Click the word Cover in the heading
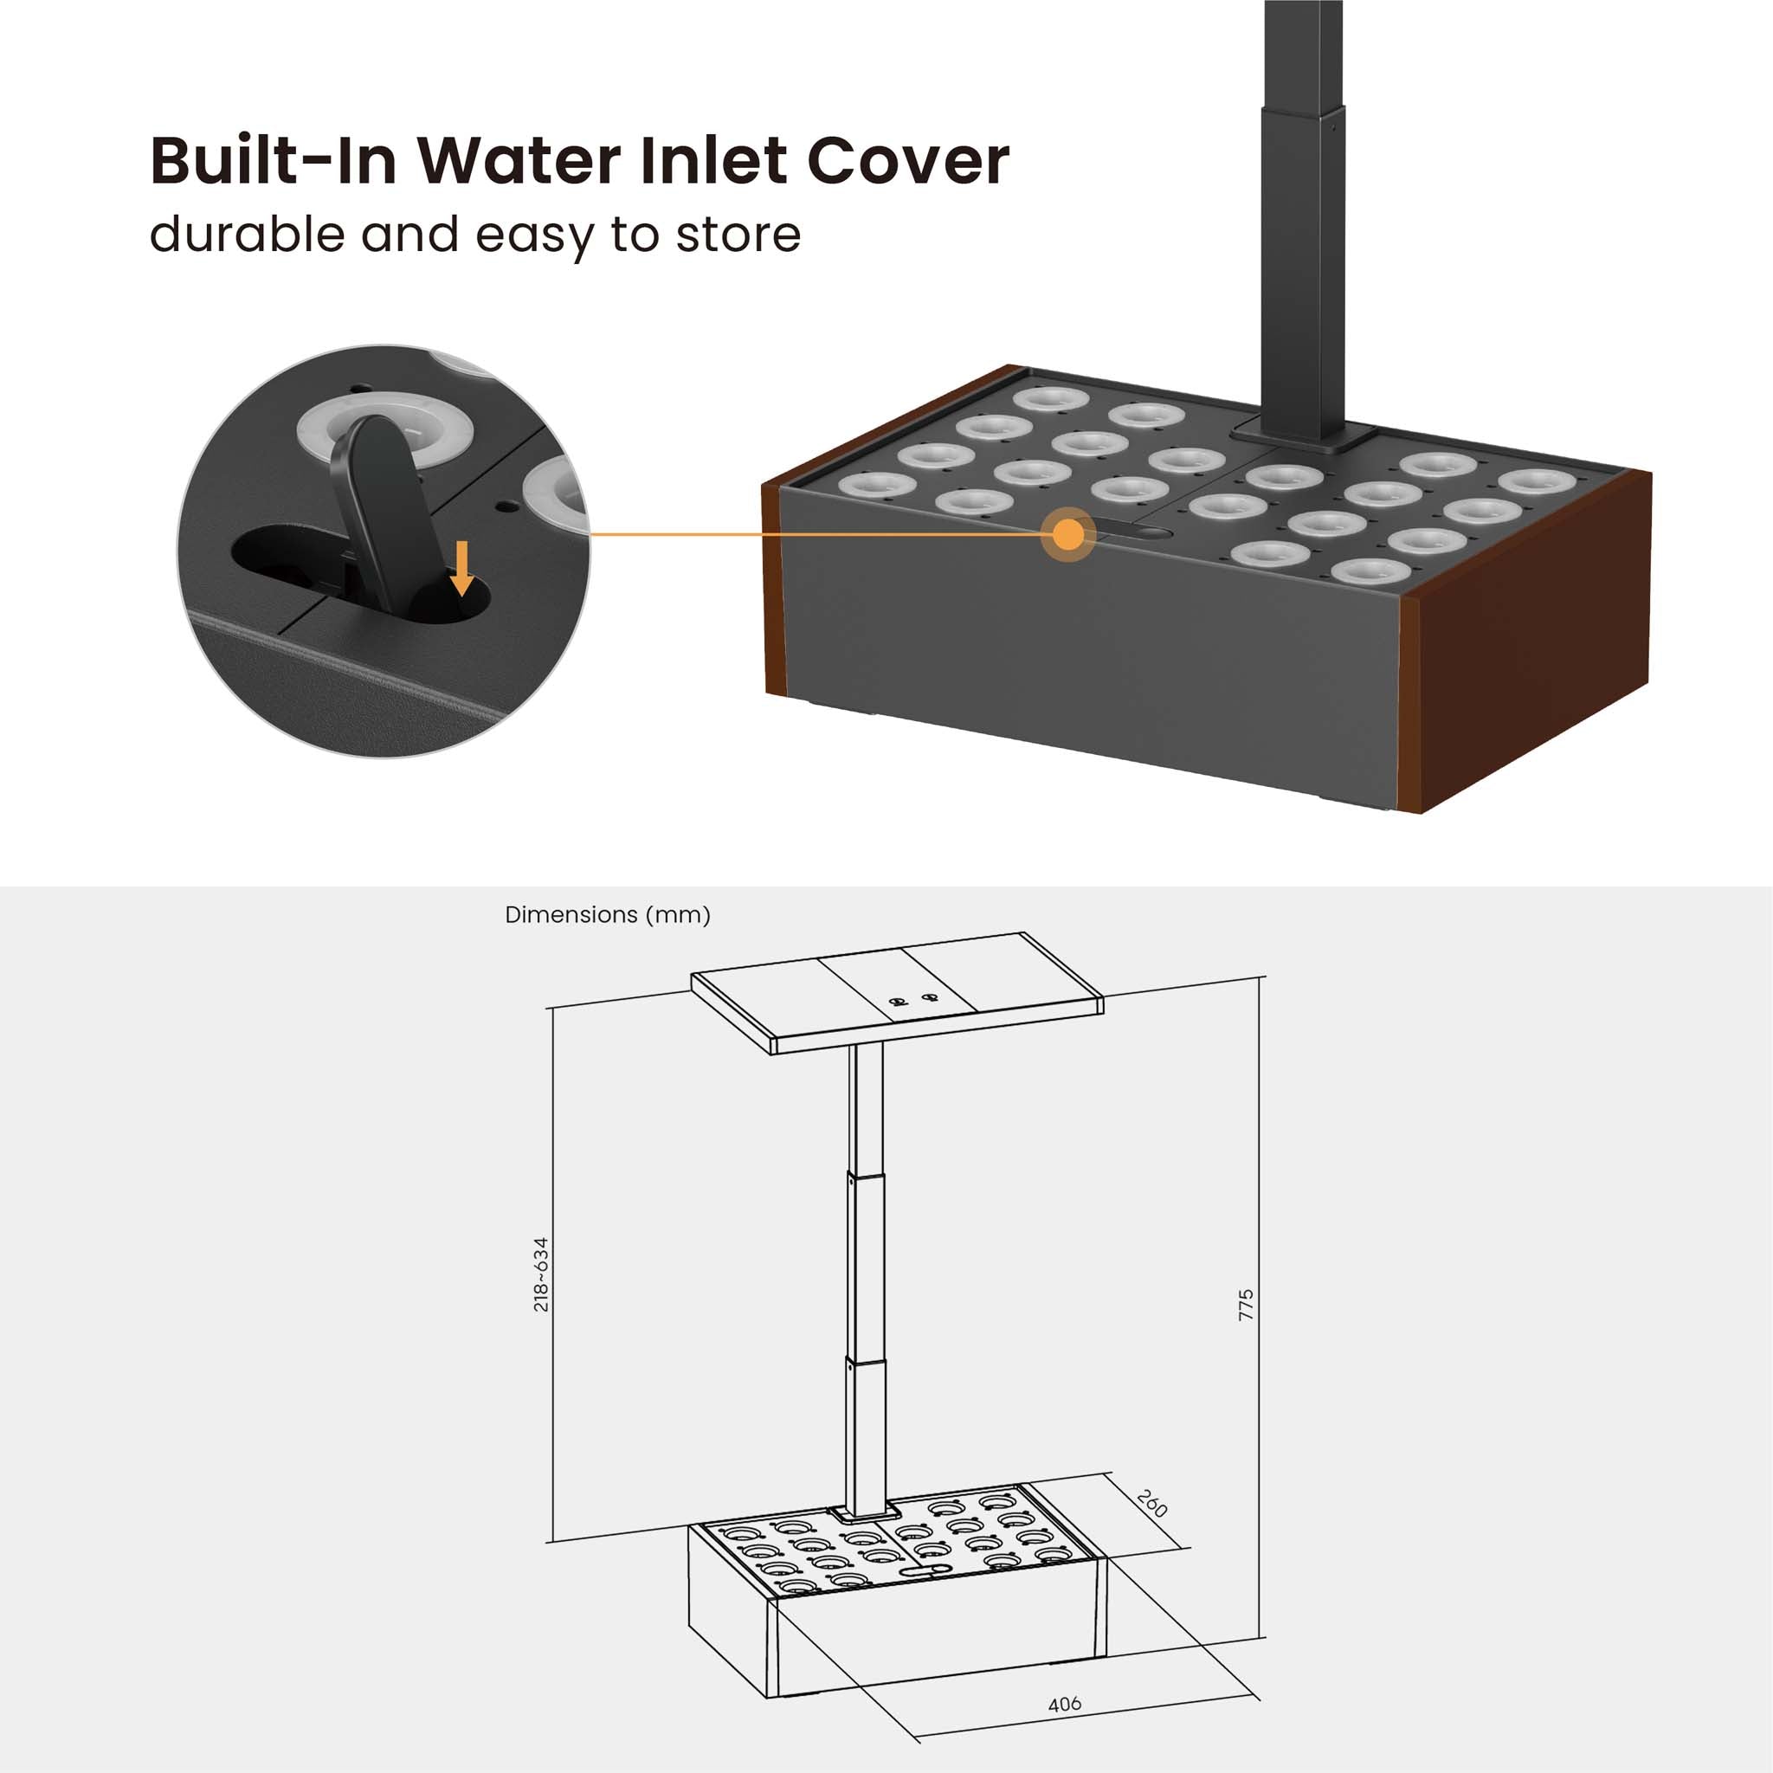coord(907,161)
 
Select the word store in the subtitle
coord(738,234)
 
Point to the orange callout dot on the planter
coord(1068,534)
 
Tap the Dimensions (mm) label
coord(608,915)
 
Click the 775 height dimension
coord(1245,1305)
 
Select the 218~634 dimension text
coord(540,1273)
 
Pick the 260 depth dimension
coord(1151,1503)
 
